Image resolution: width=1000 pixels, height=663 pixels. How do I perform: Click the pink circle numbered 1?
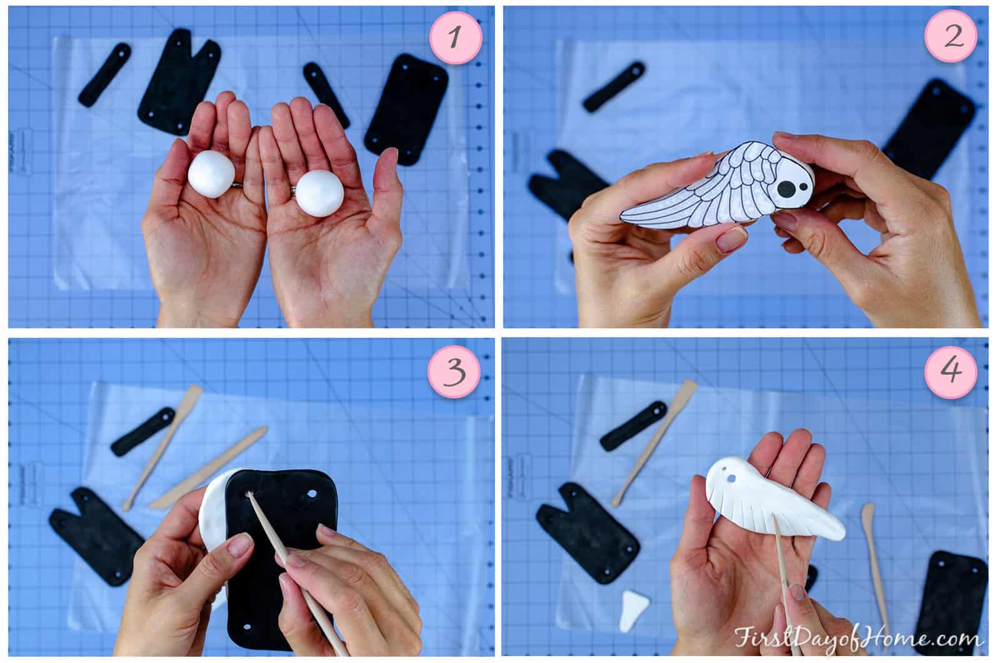tap(456, 37)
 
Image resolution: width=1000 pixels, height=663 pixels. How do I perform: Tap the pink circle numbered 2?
tap(952, 37)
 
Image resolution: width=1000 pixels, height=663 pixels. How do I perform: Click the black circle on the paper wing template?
tap(786, 186)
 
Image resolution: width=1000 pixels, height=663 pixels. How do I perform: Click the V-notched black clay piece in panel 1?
tap(176, 81)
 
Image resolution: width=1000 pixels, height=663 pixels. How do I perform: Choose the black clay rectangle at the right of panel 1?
tap(407, 109)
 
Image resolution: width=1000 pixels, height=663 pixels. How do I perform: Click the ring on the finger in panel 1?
tap(237, 185)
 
